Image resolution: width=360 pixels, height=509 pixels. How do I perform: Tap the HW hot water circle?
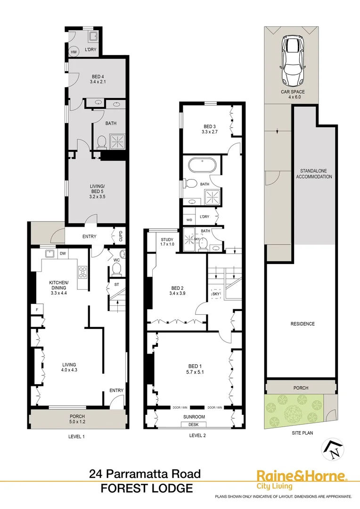point(74,52)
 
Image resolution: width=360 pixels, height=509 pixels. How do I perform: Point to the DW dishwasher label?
point(63,254)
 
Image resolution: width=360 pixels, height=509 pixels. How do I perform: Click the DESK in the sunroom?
point(194,424)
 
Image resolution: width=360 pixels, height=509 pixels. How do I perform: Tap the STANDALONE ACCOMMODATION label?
point(313,173)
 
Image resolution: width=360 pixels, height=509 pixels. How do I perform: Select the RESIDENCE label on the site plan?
point(303,324)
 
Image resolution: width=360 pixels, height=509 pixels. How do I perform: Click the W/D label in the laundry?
point(190,220)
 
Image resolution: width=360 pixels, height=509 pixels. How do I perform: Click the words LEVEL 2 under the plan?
point(194,436)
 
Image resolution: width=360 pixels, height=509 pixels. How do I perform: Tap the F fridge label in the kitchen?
point(36,309)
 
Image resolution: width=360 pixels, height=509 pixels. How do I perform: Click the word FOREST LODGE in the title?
point(147,489)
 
